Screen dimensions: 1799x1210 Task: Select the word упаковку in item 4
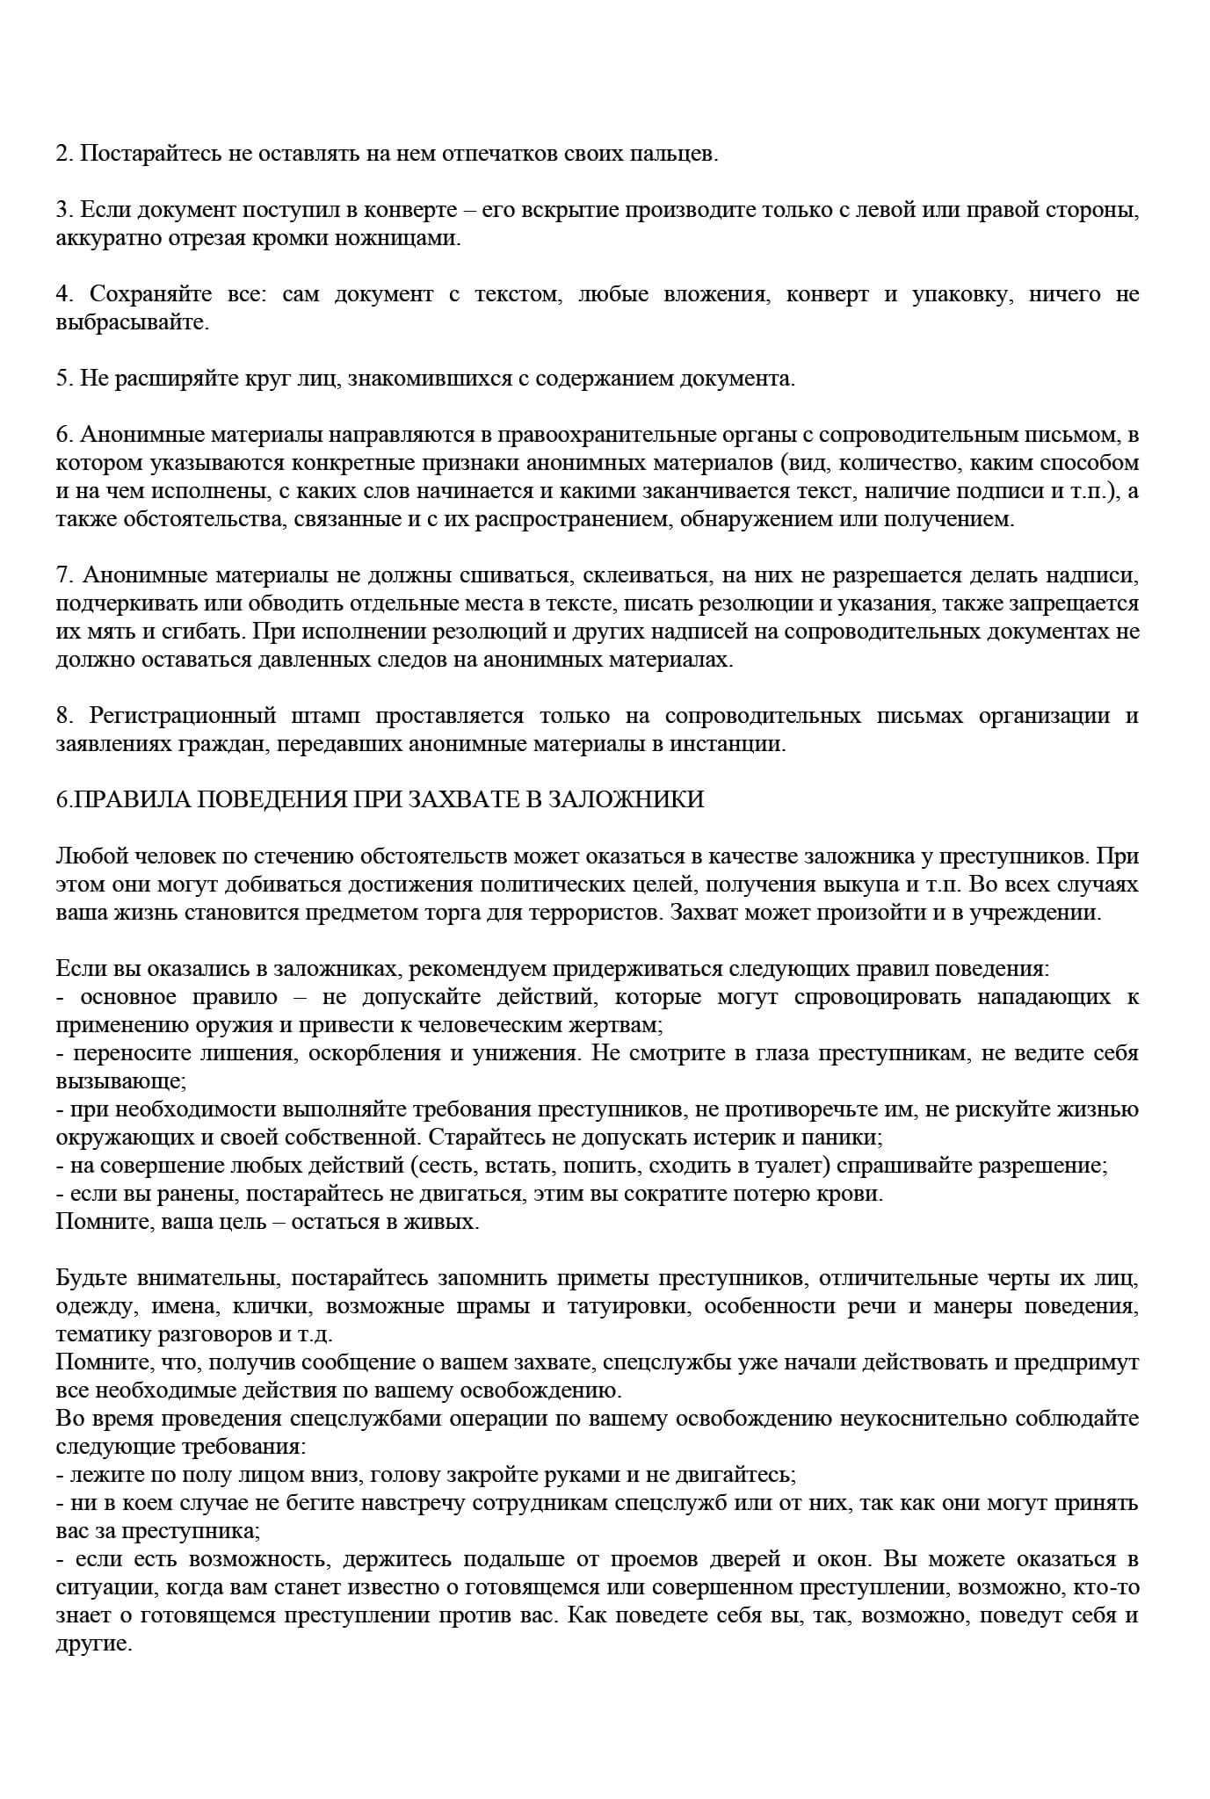click(x=959, y=294)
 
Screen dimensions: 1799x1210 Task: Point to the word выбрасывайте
click(x=132, y=322)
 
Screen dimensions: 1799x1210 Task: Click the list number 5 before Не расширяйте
click(x=62, y=379)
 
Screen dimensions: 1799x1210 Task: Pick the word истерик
click(x=777, y=1138)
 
